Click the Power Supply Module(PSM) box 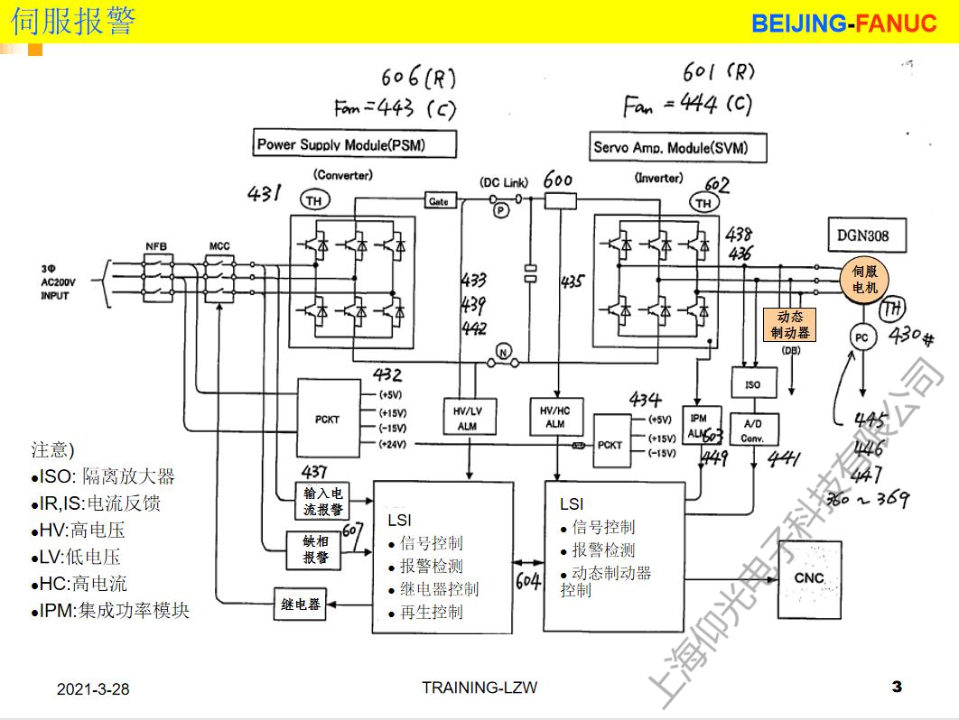coord(353,144)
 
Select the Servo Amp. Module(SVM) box coord(670,147)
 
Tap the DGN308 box coord(864,236)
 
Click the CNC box coord(809,578)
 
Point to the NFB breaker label coord(157,246)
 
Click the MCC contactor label coord(219,246)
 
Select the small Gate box coord(437,201)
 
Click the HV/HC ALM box coord(554,418)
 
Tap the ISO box coord(753,384)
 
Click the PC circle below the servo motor coord(861,337)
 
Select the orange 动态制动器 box coord(790,324)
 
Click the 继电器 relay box coord(301,605)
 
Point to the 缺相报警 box coord(316,549)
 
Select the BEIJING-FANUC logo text coord(843,23)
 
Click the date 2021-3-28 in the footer coord(93,689)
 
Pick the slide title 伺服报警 coord(74,21)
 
